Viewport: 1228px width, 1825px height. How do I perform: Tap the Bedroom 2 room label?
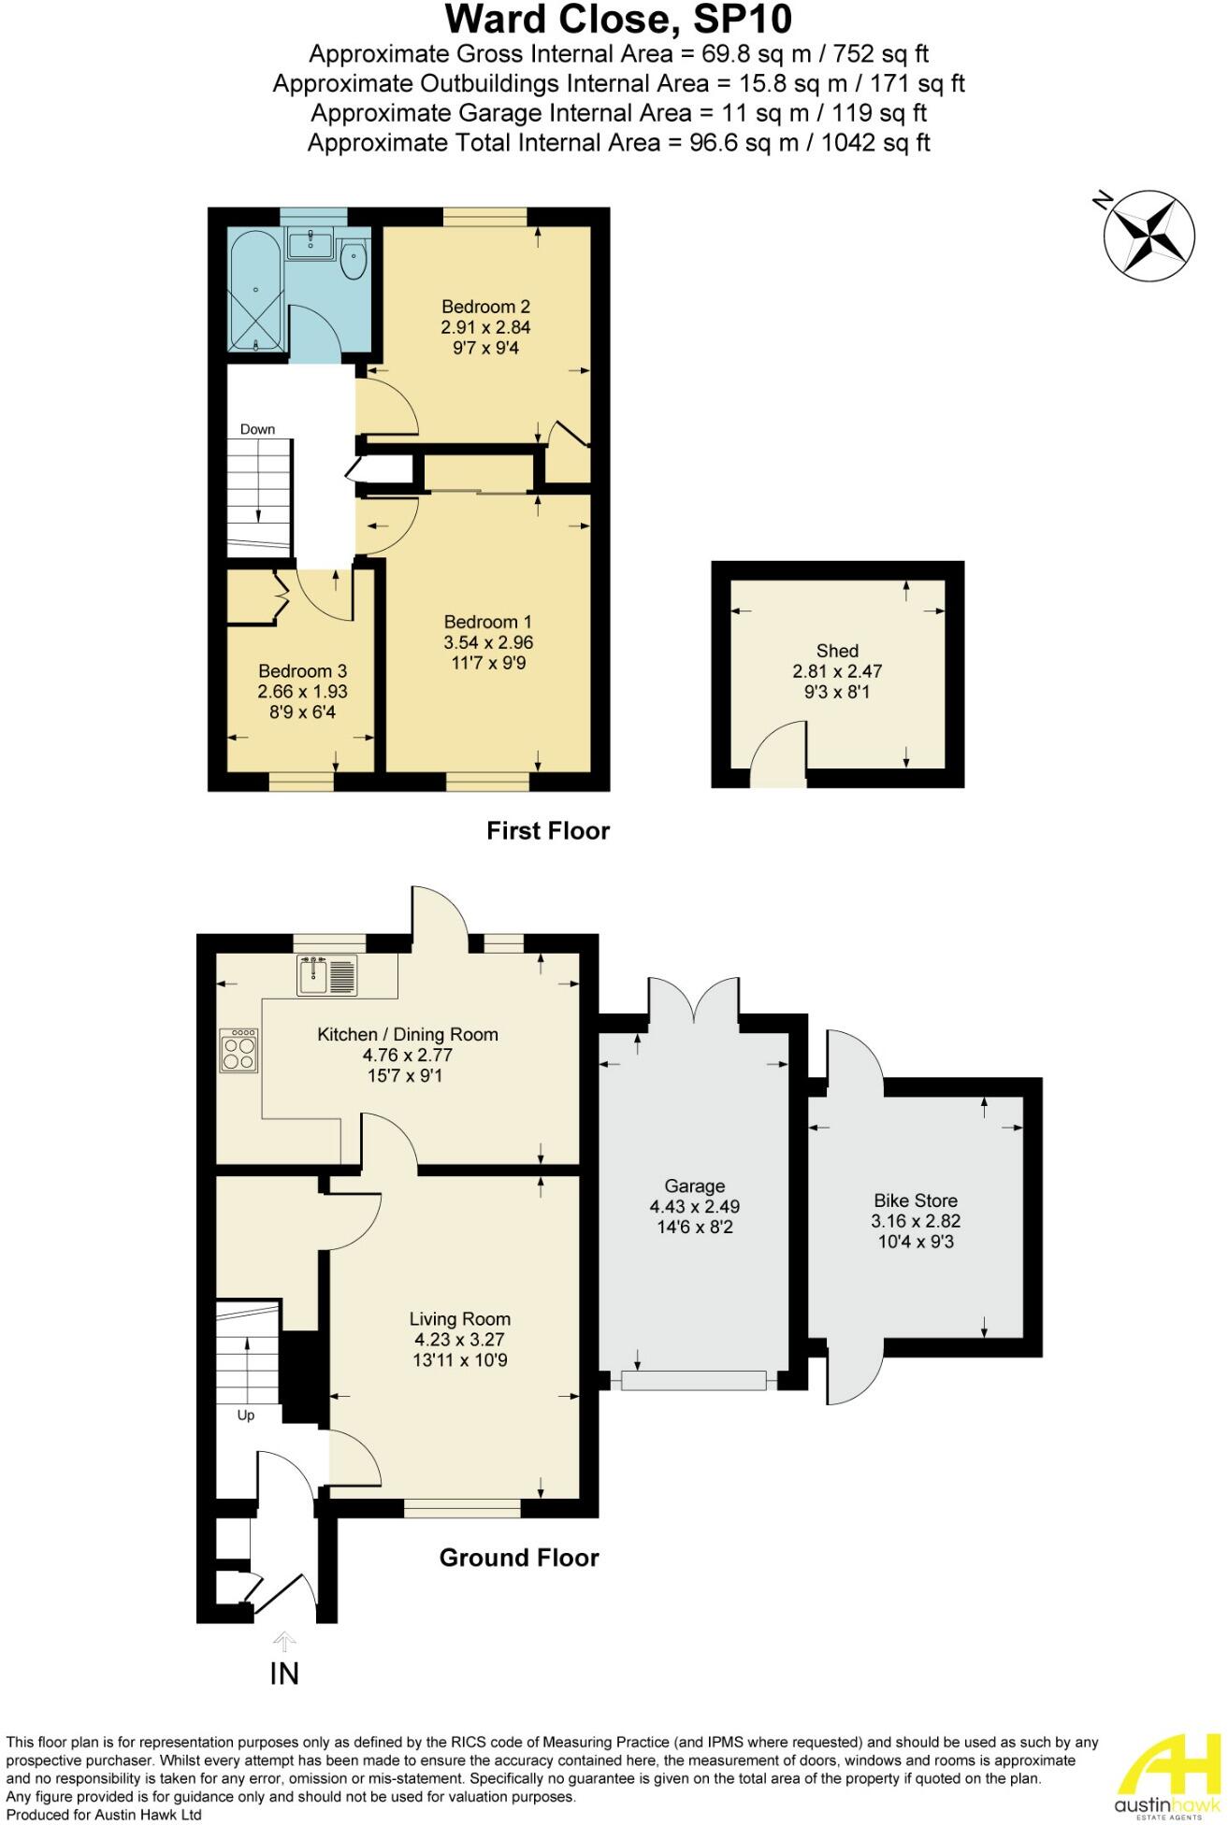point(485,307)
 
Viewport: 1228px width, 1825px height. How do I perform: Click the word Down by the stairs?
point(257,429)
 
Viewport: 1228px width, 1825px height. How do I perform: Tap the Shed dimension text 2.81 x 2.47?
point(837,671)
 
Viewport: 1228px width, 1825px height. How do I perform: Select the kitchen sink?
point(326,975)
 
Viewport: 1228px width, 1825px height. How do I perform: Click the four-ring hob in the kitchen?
point(238,1049)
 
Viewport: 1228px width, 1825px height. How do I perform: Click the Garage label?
point(694,1186)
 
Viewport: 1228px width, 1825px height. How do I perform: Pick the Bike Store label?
point(915,1200)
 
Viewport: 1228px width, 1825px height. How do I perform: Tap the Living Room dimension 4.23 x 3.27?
point(459,1339)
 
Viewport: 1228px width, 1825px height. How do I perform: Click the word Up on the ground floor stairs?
point(246,1415)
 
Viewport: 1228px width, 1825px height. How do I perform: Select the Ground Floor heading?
point(519,1558)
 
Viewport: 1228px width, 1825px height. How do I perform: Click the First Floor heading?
point(548,830)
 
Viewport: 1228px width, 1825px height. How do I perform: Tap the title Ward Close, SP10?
point(618,20)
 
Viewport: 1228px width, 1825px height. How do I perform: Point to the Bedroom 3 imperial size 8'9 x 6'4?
point(302,712)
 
